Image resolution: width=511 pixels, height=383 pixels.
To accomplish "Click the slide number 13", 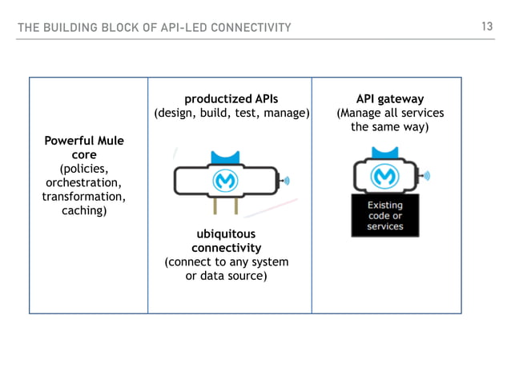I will [x=486, y=27].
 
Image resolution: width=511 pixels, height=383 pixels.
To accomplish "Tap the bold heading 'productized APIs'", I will [x=231, y=99].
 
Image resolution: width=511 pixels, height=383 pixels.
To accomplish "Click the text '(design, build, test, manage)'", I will [x=231, y=114].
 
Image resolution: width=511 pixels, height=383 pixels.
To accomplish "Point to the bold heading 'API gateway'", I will [x=389, y=99].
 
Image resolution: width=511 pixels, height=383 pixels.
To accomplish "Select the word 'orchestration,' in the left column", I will [x=83, y=182].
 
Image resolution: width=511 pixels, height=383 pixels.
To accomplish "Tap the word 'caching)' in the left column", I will [x=83, y=210].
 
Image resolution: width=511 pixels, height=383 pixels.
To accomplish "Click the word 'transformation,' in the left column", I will [x=83, y=197].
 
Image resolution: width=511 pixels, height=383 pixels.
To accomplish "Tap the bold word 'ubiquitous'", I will [x=226, y=234].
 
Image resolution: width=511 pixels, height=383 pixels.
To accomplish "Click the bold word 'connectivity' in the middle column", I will [x=226, y=248].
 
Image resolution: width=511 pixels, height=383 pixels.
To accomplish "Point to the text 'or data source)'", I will [x=226, y=276].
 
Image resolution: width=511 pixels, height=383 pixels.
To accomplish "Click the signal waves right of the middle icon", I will [x=286, y=182].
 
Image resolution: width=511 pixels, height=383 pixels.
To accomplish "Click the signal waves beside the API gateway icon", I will [x=426, y=174].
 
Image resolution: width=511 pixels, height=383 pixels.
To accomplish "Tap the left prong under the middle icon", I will [x=214, y=207].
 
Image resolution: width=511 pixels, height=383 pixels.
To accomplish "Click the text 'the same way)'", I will [x=389, y=127].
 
